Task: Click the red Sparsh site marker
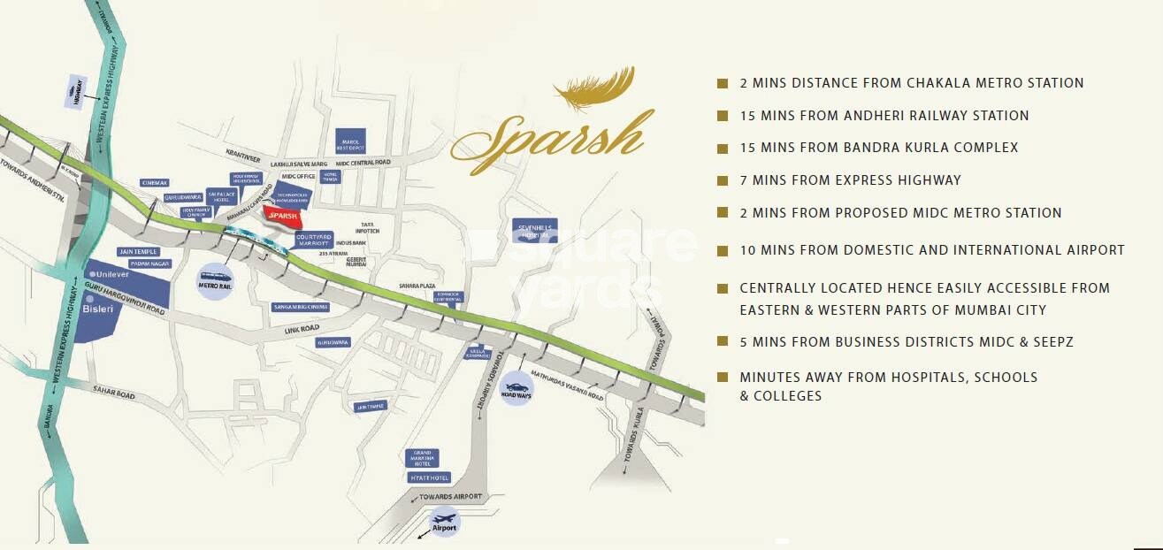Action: pyautogui.click(x=282, y=216)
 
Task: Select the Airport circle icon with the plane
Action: pyautogui.click(x=443, y=521)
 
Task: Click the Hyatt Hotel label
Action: pyautogui.click(x=429, y=477)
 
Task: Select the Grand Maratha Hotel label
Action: pyautogui.click(x=422, y=458)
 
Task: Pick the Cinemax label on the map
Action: pyautogui.click(x=154, y=183)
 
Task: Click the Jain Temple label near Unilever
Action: pyautogui.click(x=136, y=252)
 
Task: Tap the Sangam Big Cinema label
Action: pyautogui.click(x=301, y=307)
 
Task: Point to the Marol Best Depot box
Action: pyautogui.click(x=350, y=141)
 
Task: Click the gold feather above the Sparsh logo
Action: pyautogui.click(x=594, y=87)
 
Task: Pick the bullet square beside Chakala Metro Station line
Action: pyautogui.click(x=723, y=83)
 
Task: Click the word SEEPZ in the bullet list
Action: pyautogui.click(x=1052, y=342)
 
